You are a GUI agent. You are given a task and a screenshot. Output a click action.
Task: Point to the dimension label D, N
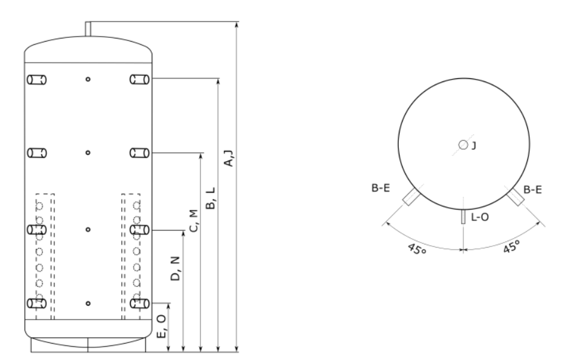(176, 268)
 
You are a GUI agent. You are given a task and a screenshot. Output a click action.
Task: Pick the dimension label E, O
(162, 327)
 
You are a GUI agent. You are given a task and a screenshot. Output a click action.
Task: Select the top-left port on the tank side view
(37, 80)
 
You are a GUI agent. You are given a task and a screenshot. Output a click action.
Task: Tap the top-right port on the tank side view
(140, 80)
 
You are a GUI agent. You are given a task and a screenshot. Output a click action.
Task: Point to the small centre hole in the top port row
(88, 80)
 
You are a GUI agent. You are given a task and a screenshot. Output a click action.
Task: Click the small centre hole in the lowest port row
(88, 304)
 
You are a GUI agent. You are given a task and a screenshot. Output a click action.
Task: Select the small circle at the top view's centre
(463, 145)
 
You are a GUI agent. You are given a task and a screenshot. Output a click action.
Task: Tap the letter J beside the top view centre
(473, 146)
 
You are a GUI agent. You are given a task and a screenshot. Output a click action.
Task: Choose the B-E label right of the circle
(533, 189)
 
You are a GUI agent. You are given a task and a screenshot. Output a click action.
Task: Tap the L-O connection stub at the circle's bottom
(463, 217)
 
